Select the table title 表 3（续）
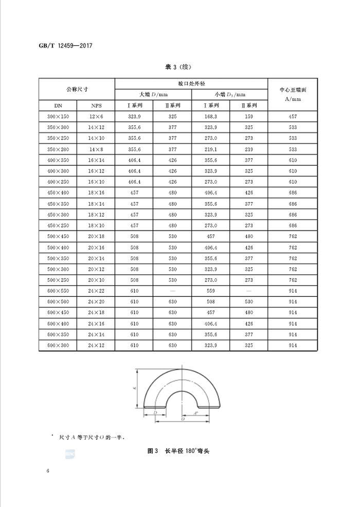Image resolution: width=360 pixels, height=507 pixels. pos(179,67)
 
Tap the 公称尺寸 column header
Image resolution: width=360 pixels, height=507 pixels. pos(77,89)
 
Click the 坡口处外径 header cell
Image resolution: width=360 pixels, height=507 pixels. pos(191,83)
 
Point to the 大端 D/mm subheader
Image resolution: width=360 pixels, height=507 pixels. pos(153,94)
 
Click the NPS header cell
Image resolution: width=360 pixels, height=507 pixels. pos(95,106)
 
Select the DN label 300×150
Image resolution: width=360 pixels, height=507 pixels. pos(57,117)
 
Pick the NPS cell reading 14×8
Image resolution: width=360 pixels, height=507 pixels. pos(95,149)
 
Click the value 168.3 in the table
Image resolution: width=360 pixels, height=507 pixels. pos(210,117)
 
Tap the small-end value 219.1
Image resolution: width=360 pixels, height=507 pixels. pos(210,149)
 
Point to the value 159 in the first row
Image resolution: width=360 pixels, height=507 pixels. pos(249,117)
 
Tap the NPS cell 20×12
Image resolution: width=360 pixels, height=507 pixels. pos(95,269)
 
